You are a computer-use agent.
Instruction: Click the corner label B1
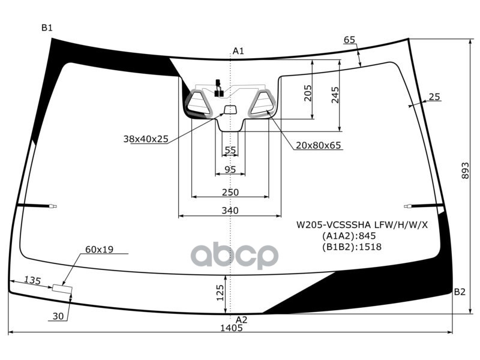[x=47, y=28]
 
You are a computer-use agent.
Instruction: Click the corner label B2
[x=460, y=292]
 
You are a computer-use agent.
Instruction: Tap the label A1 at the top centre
[x=238, y=51]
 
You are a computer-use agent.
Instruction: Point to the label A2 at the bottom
[x=241, y=320]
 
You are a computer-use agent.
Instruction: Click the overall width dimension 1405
[x=231, y=328]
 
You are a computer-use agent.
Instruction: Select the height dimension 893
[x=466, y=171]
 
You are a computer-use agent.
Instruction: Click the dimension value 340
[x=230, y=211]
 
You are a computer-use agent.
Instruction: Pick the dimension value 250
[x=230, y=193]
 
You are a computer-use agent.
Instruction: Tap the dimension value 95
[x=230, y=169]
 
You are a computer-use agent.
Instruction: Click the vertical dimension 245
[x=335, y=94]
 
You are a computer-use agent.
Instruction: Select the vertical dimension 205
[x=308, y=93]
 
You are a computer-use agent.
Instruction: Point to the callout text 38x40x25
[x=146, y=139]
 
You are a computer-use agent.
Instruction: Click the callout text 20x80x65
[x=318, y=145]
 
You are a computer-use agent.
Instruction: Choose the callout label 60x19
[x=100, y=249]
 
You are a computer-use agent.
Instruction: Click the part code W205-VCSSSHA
[x=334, y=225]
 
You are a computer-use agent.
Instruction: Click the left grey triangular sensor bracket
[x=199, y=103]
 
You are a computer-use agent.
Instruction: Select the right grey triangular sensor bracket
[x=262, y=103]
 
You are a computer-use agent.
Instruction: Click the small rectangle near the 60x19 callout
[x=62, y=289]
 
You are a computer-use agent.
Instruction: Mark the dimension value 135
[x=32, y=280]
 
